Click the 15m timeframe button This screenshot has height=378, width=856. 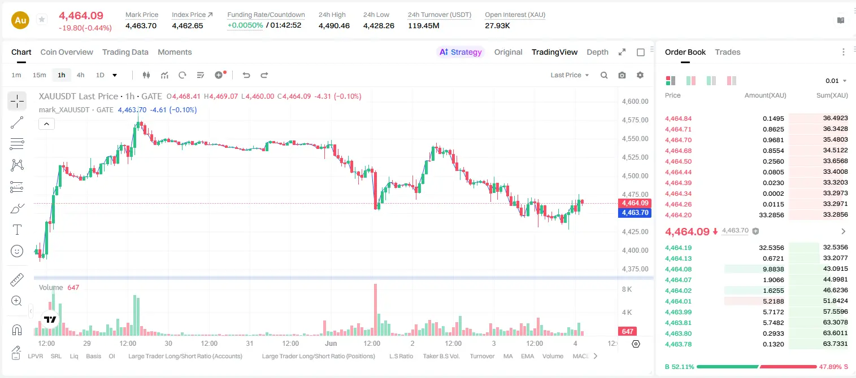click(40, 75)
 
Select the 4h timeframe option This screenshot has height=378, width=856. click(80, 75)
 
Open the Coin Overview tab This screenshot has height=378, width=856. click(67, 52)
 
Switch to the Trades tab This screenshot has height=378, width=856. click(728, 52)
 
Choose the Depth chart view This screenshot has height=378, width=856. click(597, 52)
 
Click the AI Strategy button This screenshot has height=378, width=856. click(460, 52)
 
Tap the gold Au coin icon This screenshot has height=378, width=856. click(20, 20)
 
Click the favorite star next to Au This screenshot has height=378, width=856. click(42, 19)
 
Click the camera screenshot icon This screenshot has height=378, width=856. click(622, 75)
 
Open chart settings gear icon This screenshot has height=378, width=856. click(640, 75)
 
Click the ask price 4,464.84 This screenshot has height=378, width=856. click(679, 118)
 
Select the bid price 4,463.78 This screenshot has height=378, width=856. click(679, 344)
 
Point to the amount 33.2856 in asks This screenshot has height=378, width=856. click(771, 215)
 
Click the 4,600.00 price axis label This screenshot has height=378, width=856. click(635, 102)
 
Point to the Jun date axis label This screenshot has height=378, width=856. click(331, 343)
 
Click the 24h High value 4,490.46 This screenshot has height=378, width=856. click(334, 25)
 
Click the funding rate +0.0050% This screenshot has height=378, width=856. click(245, 25)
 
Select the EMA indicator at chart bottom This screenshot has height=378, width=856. click(527, 356)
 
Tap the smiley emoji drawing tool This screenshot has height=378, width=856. click(17, 251)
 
